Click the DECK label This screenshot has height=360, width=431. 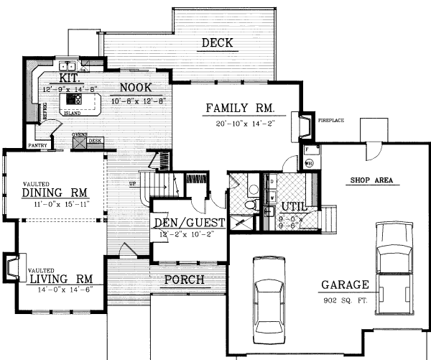pos(216,44)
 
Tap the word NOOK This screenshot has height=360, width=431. pos(135,87)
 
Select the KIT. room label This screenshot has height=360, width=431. pos(69,77)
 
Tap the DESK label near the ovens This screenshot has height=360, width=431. pos(95,141)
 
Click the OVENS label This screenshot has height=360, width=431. pos(79,134)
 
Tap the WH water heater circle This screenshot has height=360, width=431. pos(309,163)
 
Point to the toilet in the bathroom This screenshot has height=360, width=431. pos(250,206)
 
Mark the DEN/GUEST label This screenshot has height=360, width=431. pos(190,223)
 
